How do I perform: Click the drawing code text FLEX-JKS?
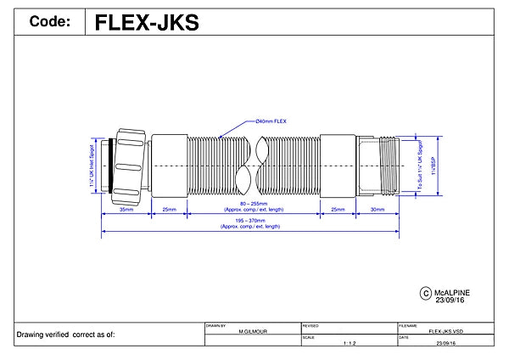coord(146,21)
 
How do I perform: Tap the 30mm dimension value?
coord(377,208)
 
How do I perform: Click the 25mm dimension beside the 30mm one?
coord(338,208)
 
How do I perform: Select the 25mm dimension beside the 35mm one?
coord(169,208)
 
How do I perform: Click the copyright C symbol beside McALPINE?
coord(426,293)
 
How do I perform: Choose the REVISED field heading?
coord(310,325)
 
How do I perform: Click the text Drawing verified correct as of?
coord(65,335)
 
